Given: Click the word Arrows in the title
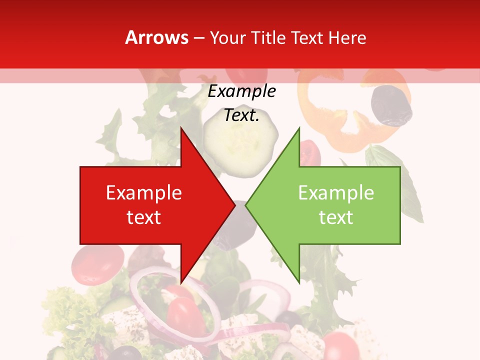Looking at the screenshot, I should click(156, 37).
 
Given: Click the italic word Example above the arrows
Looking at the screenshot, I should click(241, 91).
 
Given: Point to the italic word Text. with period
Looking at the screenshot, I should click(241, 115).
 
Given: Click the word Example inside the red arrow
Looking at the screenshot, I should click(144, 193).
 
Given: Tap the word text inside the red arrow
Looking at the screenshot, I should click(144, 217).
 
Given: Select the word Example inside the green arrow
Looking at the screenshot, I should click(336, 193).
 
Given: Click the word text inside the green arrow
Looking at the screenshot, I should click(336, 217).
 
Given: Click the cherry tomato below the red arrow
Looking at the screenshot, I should click(97, 263).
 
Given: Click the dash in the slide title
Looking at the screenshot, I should click(198, 38).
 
